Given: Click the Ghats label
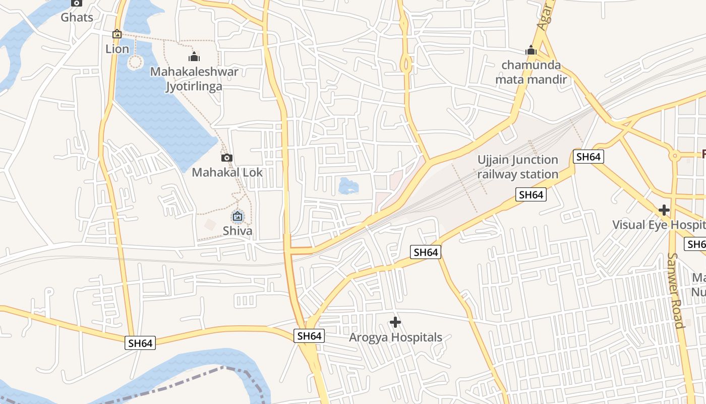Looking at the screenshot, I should click(x=77, y=18).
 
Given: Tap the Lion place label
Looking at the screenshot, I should click(x=117, y=49).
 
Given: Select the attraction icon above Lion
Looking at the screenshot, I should click(x=117, y=34).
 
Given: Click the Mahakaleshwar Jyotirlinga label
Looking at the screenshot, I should click(x=194, y=79).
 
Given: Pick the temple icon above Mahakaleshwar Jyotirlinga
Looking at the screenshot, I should click(x=194, y=56).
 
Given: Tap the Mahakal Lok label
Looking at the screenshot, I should click(x=227, y=172).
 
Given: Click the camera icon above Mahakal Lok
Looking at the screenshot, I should click(x=227, y=158).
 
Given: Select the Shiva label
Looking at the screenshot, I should click(x=238, y=231).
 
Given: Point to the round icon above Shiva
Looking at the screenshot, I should click(x=238, y=217).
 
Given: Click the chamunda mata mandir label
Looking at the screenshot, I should click(x=531, y=72).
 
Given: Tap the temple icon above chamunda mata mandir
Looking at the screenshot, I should click(x=531, y=50).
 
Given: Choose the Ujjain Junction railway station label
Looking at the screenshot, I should click(x=518, y=167).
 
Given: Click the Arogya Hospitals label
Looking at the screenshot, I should click(x=395, y=337).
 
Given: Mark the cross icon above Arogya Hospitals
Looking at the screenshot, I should click(x=395, y=322).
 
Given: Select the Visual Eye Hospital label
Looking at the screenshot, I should click(x=659, y=225).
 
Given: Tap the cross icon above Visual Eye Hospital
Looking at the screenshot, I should click(x=664, y=210).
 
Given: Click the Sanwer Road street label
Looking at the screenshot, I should click(x=676, y=290).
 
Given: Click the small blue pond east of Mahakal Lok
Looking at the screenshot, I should click(x=348, y=186).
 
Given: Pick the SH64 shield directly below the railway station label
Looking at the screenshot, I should click(x=531, y=194).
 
